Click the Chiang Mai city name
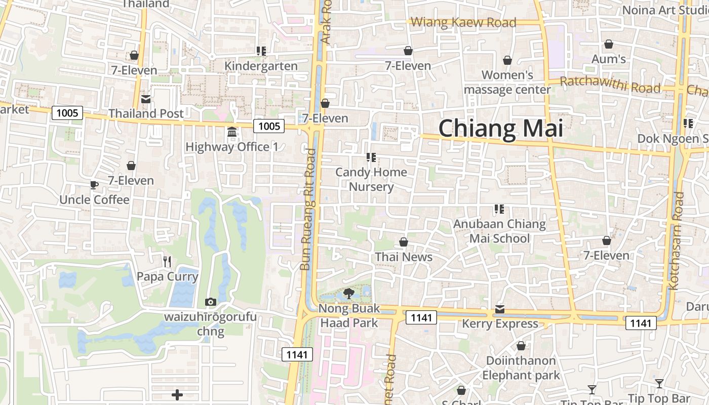pos(500,129)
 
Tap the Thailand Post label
pos(146,113)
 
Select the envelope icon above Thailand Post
pos(146,99)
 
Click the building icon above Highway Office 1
pos(232,132)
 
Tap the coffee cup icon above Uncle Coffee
pos(94,185)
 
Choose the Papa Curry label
pos(167,277)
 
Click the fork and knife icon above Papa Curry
pos(167,261)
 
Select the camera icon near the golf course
pos(211,302)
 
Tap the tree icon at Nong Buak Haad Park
pos(348,293)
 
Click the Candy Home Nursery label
pos(371,179)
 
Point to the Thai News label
pos(404,257)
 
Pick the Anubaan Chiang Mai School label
pos(499,231)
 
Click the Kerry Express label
pos(500,323)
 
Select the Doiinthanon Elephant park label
pos(521,368)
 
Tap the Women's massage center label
pos(507,83)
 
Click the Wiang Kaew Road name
pos(463,22)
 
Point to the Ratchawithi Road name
pos(610,85)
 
